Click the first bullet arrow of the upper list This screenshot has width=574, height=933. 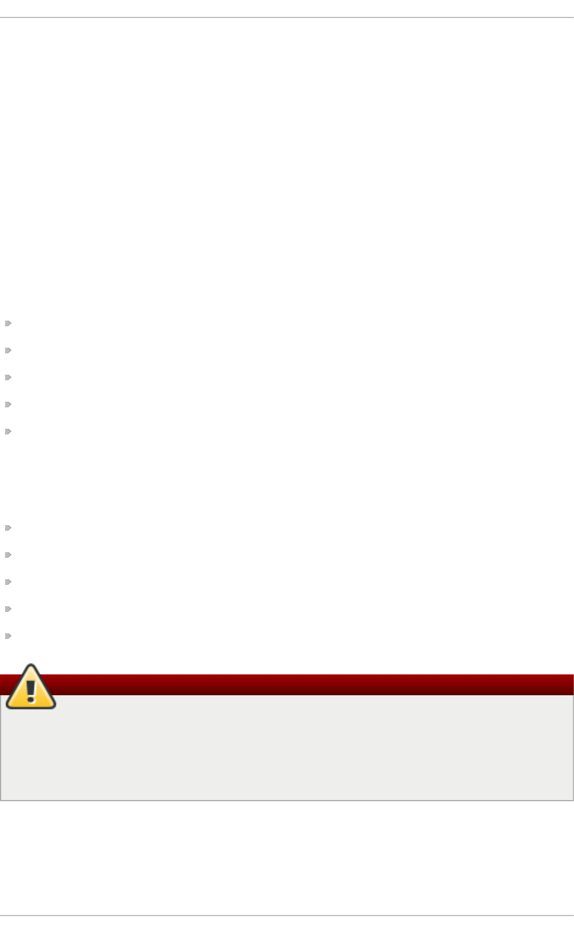tap(8, 323)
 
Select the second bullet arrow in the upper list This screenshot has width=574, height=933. tap(8, 350)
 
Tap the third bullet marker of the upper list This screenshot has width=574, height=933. tap(8, 377)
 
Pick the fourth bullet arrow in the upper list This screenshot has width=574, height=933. tap(8, 405)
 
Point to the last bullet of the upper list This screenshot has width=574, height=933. tap(8, 432)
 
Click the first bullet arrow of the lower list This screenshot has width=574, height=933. tap(8, 528)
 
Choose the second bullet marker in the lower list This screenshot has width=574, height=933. tap(8, 555)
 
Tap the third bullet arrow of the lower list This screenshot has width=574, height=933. tap(8, 582)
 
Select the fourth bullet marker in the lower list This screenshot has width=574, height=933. tap(8, 609)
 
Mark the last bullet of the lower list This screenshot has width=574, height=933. tap(8, 636)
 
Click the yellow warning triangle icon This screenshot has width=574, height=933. tap(31, 688)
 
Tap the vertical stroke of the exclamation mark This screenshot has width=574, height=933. tap(31, 686)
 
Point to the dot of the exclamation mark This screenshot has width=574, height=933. tap(31, 700)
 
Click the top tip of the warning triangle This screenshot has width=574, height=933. tap(31, 667)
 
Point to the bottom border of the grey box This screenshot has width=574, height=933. tap(287, 800)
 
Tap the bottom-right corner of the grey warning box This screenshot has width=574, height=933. tap(573, 800)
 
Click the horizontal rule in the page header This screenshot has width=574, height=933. tap(287, 17)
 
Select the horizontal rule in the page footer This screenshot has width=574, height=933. tap(287, 916)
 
